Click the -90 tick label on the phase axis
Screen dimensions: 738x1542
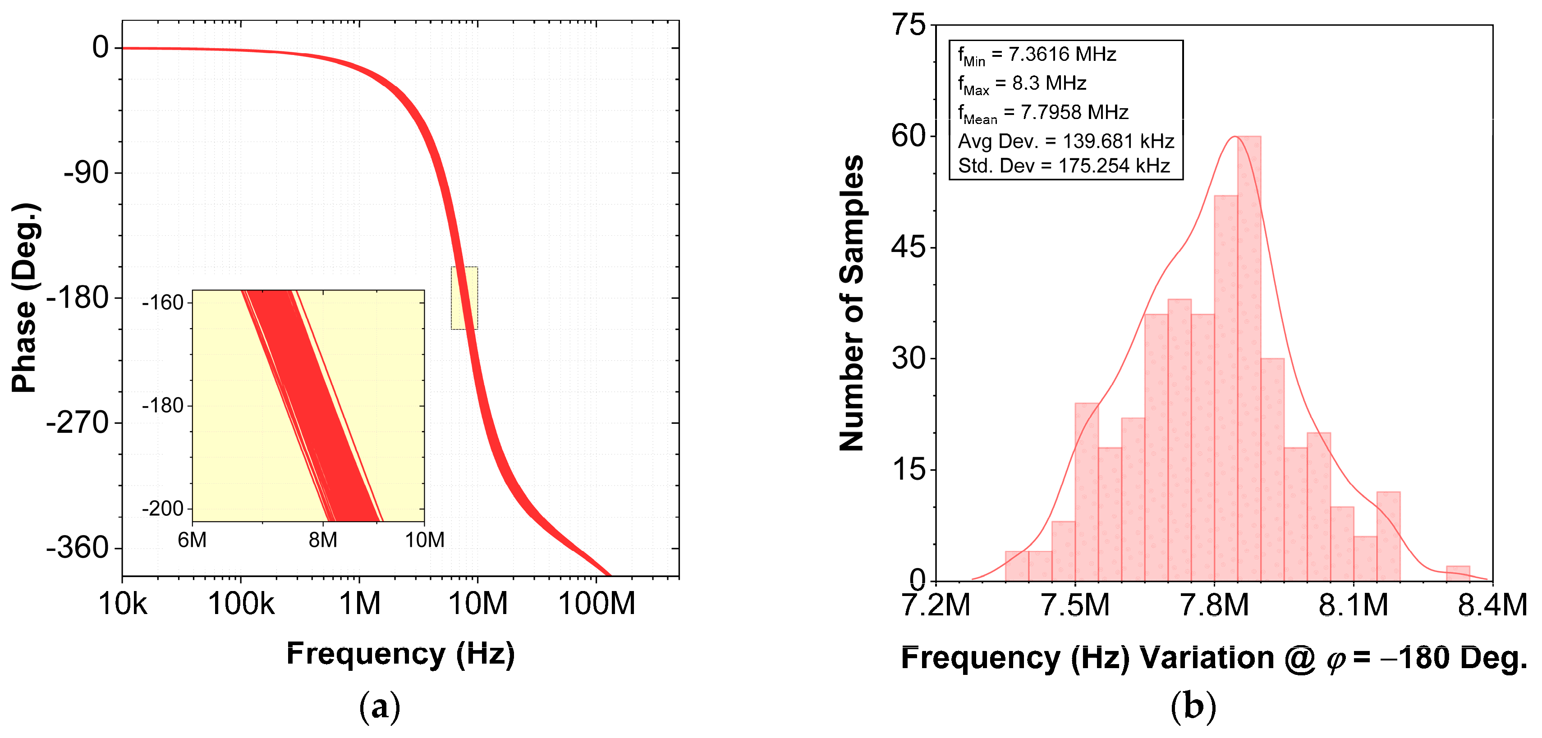[86, 173]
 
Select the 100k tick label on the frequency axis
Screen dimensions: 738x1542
[241, 603]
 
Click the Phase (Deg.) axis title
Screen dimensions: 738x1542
[25, 298]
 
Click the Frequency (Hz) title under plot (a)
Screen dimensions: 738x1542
[400, 654]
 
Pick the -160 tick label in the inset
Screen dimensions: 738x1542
[162, 303]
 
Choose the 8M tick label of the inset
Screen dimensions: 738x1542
[323, 541]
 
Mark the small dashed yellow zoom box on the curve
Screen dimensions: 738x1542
[464, 298]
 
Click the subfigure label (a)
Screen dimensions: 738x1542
[380, 706]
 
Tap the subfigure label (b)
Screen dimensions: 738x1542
[1193, 706]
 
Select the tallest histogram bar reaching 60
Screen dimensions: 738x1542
[1248, 359]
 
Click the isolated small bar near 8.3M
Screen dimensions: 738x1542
[1458, 573]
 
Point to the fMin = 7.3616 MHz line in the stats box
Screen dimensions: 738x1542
[1037, 55]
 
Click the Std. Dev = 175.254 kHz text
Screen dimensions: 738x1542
[1064, 166]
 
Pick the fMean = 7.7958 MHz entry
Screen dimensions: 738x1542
[1043, 113]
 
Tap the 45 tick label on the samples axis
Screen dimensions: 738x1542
[908, 247]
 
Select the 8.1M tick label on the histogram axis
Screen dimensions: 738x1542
[1353, 605]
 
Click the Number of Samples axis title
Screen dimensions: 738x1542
[851, 303]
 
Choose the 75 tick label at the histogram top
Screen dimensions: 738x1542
[908, 26]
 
